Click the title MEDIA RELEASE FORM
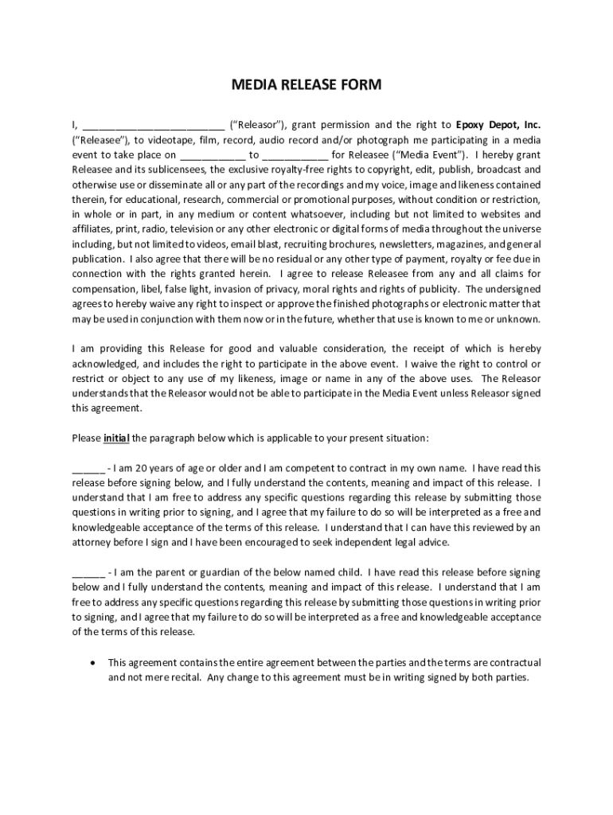(x=306, y=84)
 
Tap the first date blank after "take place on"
(x=213, y=155)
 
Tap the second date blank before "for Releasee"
(x=295, y=155)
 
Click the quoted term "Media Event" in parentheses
(x=431, y=155)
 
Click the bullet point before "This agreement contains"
(x=95, y=662)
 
